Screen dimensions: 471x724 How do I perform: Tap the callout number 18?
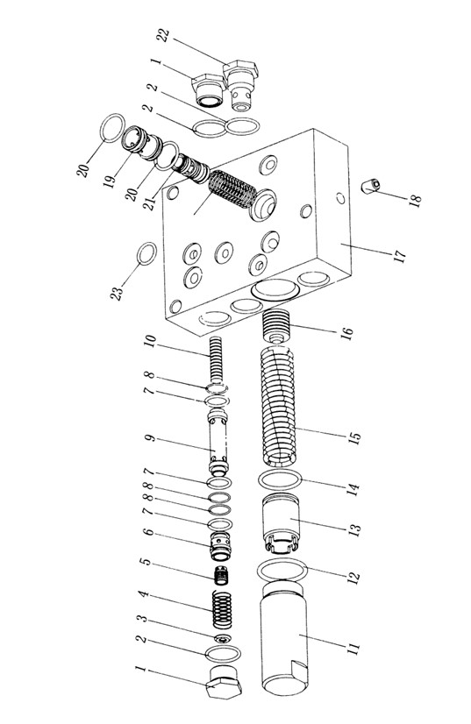click(x=415, y=201)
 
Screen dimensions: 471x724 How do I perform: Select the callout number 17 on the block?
click(x=400, y=256)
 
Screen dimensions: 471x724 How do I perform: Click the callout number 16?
click(x=346, y=332)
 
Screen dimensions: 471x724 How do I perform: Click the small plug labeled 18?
click(x=371, y=186)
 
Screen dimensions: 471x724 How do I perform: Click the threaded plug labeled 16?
click(x=276, y=326)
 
